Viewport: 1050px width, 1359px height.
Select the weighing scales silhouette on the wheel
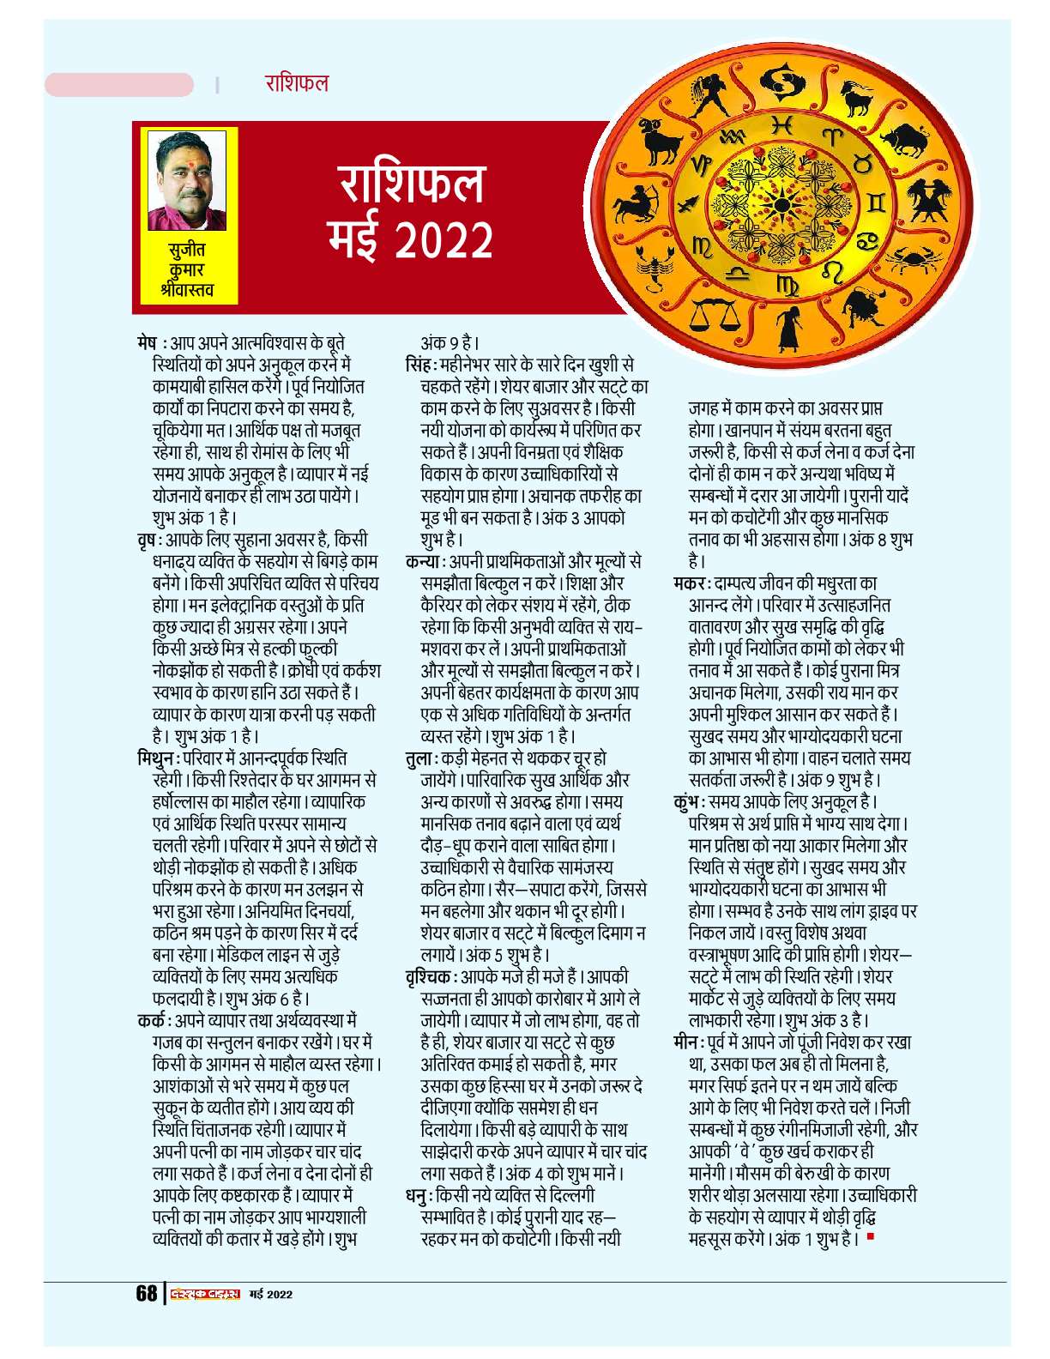pos(714,314)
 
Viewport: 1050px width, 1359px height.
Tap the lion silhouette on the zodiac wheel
pos(863,306)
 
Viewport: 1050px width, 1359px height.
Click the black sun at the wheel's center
pos(781,206)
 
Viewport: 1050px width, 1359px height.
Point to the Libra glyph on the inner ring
pos(736,275)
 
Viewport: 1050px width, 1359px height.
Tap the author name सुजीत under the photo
pos(186,251)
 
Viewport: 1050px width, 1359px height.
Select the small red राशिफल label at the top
pos(297,83)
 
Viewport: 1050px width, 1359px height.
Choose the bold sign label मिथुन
pos(158,758)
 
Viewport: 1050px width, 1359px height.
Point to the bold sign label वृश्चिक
pos(429,977)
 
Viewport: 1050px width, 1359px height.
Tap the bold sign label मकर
pos(690,583)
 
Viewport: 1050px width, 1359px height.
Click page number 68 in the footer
pos(147,1294)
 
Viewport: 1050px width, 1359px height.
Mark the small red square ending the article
pos(871,1236)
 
